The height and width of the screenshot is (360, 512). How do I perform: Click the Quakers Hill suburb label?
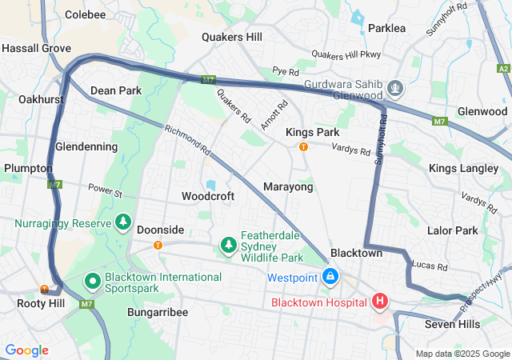tap(231, 37)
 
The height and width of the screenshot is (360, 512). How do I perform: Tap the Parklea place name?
tap(387, 28)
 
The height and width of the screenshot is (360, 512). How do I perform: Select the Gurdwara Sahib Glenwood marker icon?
tap(394, 86)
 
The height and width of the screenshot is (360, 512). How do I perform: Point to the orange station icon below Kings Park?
tap(303, 146)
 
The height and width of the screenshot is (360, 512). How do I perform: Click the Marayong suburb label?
tap(288, 186)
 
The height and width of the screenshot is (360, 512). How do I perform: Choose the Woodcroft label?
tap(208, 196)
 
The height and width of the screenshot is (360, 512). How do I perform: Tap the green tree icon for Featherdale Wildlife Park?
tap(229, 243)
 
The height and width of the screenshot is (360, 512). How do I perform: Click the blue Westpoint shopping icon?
tap(329, 277)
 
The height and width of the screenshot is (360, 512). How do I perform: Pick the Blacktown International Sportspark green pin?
tap(92, 282)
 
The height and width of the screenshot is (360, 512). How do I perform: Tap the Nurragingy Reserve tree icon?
tap(123, 222)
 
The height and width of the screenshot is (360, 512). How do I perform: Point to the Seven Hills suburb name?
tap(452, 324)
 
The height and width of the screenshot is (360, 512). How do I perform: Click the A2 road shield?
tap(503, 69)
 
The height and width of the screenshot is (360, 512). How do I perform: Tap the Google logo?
tap(26, 350)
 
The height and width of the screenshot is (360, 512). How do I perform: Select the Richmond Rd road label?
tap(187, 139)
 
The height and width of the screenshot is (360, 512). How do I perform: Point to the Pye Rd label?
tap(286, 71)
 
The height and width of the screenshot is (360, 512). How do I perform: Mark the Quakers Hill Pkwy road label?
tap(346, 54)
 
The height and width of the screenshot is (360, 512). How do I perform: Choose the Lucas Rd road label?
tap(430, 265)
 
